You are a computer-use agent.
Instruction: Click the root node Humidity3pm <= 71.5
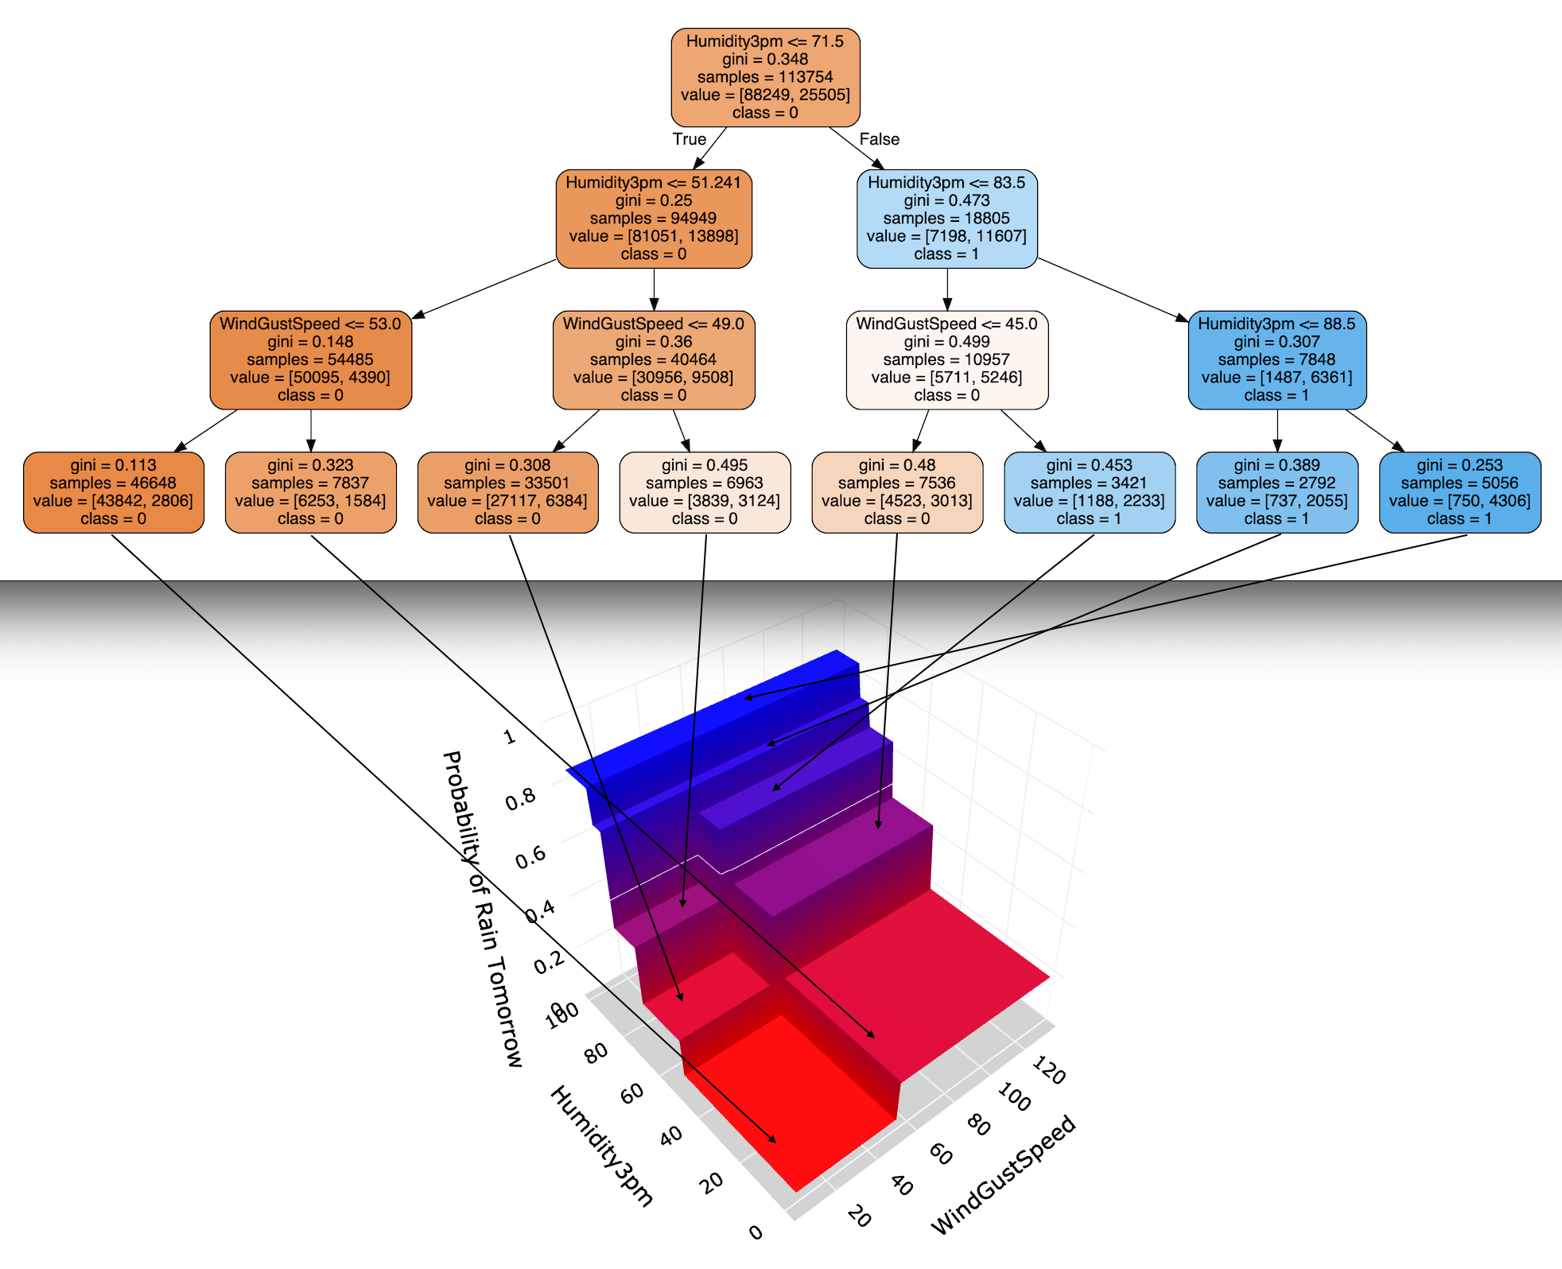point(765,77)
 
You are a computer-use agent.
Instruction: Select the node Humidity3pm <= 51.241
point(654,219)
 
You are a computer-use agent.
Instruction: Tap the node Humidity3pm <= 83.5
point(947,219)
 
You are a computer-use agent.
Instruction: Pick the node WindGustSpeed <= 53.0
point(311,360)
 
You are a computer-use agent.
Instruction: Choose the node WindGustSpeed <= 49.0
point(654,360)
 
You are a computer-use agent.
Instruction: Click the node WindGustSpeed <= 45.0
point(947,360)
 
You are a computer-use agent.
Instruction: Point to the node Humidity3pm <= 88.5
point(1277,360)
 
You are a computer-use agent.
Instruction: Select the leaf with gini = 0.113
point(114,492)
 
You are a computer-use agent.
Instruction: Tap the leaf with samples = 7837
point(311,492)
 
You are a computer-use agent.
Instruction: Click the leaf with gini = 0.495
point(705,492)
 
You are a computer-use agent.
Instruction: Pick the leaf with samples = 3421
point(1090,492)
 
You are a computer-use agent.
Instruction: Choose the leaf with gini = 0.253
point(1460,492)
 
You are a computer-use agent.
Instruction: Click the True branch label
point(690,139)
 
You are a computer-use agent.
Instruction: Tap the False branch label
point(880,139)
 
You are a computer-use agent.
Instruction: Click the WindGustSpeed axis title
point(1004,1175)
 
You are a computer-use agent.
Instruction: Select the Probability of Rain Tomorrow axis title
point(482,909)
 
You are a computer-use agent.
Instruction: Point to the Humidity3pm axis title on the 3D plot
point(602,1146)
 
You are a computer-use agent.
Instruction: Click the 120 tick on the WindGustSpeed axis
point(1049,1070)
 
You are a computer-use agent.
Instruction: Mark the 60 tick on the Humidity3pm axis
point(632,1094)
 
